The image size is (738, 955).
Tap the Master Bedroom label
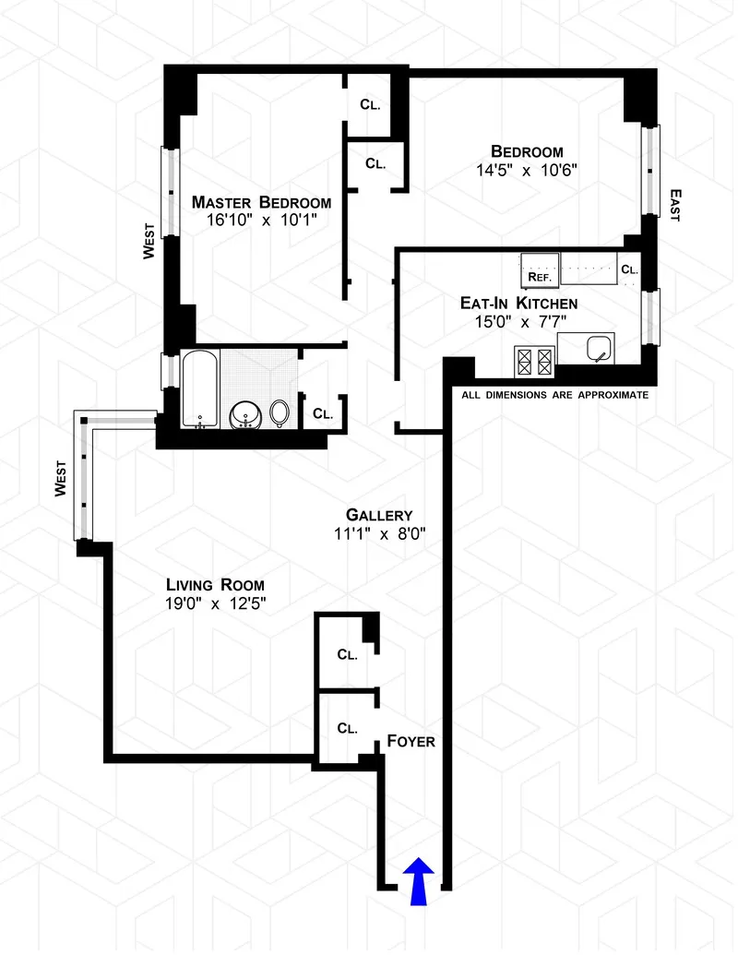pyautogui.click(x=261, y=202)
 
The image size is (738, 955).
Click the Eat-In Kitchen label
pyautogui.click(x=519, y=303)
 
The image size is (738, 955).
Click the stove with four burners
pyautogui.click(x=533, y=361)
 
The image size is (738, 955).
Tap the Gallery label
pyautogui.click(x=379, y=515)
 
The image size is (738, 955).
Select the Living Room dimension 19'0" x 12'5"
pyautogui.click(x=216, y=604)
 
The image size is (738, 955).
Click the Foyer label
pyautogui.click(x=411, y=741)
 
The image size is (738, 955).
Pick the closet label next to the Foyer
pyautogui.click(x=347, y=728)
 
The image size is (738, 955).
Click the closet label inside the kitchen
pyautogui.click(x=629, y=269)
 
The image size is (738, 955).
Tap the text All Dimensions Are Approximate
pyautogui.click(x=555, y=394)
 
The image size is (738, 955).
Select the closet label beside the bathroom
pyautogui.click(x=322, y=414)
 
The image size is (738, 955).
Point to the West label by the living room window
pyautogui.click(x=61, y=479)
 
